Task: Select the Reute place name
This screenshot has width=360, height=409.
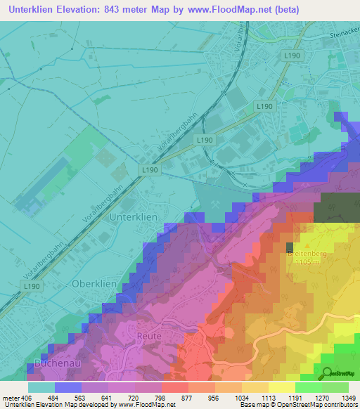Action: point(149,337)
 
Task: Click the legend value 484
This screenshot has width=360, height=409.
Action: point(68,398)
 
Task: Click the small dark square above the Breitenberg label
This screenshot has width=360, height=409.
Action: point(290,247)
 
